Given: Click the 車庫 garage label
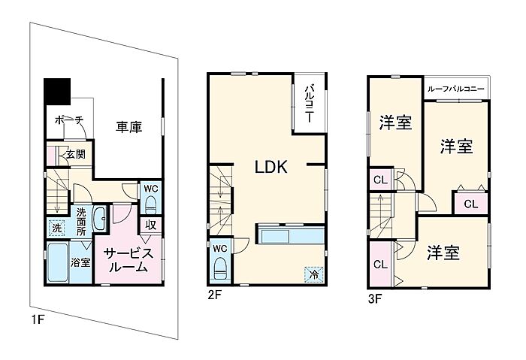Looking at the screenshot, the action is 129,128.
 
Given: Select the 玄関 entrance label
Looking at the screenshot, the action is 74,154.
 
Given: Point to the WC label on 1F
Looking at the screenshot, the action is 150,188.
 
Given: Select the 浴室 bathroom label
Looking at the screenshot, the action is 80,262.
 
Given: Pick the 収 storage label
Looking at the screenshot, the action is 150,223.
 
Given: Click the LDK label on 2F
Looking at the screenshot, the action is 271,167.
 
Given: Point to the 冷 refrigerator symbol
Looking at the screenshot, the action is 311,274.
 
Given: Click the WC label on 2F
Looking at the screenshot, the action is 219,248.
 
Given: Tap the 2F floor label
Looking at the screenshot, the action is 214,295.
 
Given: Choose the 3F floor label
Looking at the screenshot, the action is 374,297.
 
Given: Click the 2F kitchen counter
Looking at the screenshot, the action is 290,235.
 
